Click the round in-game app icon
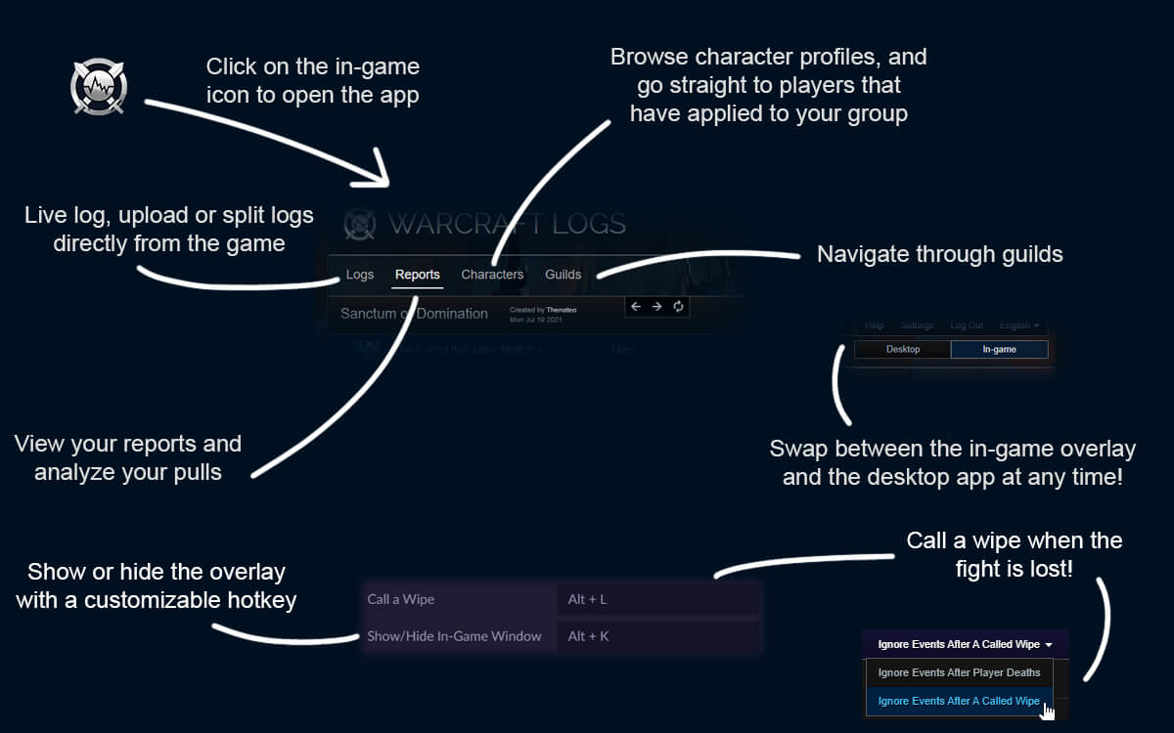click(x=99, y=87)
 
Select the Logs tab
click(x=360, y=275)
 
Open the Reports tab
click(x=418, y=275)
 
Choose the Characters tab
click(x=492, y=275)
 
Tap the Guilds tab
click(x=564, y=275)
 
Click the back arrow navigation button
click(x=636, y=307)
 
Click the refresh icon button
click(x=678, y=307)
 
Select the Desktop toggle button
click(x=902, y=349)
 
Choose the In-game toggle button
click(x=999, y=349)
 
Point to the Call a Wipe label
click(x=400, y=599)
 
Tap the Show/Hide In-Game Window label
click(x=454, y=636)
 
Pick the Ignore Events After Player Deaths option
click(x=959, y=672)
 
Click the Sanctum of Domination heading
click(x=414, y=314)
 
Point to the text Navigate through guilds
click(x=939, y=255)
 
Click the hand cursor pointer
click(x=1048, y=710)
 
